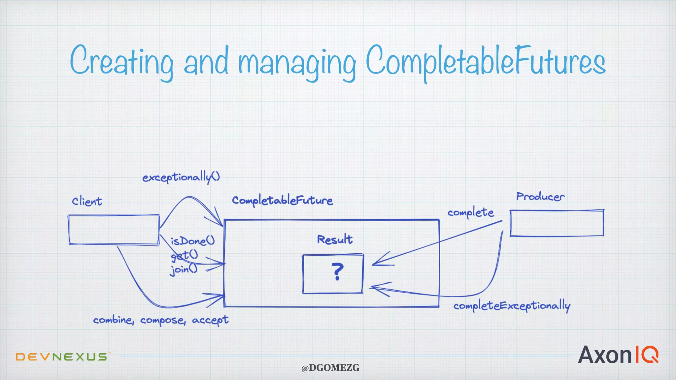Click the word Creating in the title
[121, 61]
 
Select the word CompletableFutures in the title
[486, 61]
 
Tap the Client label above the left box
[87, 201]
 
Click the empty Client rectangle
[114, 230]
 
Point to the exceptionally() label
[181, 177]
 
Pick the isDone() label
[193, 241]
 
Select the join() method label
[184, 269]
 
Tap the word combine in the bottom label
[113, 320]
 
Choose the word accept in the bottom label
[210, 320]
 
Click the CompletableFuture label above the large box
[282, 201]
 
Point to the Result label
[335, 239]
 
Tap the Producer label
[540, 197]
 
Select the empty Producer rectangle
[557, 223]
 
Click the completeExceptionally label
[512, 306]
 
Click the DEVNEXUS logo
[62, 357]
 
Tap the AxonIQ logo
[618, 355]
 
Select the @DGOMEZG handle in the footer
[330, 368]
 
